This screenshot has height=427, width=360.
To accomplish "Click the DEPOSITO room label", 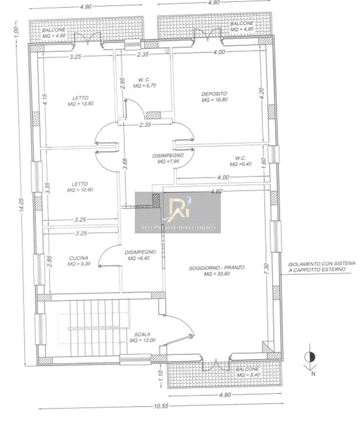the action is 214,94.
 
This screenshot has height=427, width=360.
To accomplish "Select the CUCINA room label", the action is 78,258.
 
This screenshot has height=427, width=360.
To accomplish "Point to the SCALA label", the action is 142,334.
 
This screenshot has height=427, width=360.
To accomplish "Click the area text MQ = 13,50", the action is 81,104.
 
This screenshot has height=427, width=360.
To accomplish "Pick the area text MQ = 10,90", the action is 80,190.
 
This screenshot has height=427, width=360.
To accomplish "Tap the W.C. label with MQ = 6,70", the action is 144,80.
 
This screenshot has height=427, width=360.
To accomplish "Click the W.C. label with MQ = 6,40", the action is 240,158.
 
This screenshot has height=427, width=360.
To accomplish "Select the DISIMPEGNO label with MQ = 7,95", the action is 168,156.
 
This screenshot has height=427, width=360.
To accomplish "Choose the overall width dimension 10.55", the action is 161,406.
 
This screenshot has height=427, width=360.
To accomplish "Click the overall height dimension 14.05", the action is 21,204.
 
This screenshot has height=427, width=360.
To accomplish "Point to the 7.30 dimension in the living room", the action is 267,269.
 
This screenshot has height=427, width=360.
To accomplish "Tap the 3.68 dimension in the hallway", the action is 125,164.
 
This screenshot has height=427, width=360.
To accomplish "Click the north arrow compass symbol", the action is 310,360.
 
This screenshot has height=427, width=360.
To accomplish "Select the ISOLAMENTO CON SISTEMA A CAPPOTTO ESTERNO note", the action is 322,267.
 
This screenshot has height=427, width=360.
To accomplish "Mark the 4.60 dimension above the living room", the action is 217,191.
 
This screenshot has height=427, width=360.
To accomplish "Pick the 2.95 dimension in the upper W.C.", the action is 123,83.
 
